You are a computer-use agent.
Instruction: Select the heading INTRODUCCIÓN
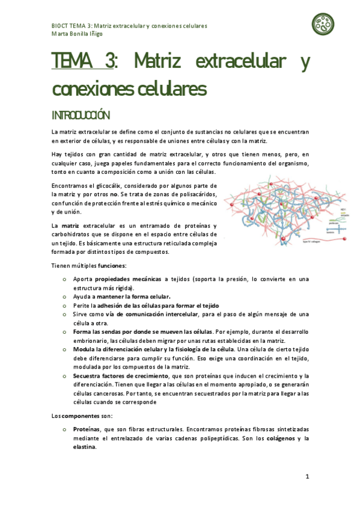pyautogui.click(x=81, y=115)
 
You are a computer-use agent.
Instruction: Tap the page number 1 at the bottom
pyautogui.click(x=307, y=476)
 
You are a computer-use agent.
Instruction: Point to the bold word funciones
pyautogui.click(x=112, y=265)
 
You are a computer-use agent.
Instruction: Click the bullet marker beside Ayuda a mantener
pyautogui.click(x=64, y=296)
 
